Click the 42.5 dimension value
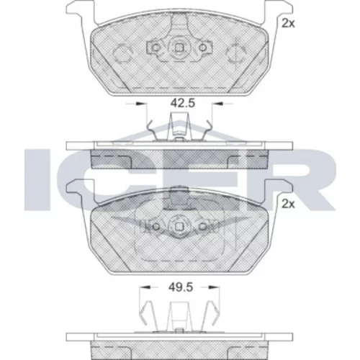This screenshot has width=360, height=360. (183, 103)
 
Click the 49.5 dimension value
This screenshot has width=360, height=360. (181, 287)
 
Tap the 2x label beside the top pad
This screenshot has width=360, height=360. (288, 24)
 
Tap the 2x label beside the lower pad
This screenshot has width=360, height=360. (288, 204)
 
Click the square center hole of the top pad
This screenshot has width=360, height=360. (179, 48)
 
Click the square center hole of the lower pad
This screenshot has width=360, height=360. (179, 227)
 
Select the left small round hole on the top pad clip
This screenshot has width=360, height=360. (156, 48)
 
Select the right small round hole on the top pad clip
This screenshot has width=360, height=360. (203, 48)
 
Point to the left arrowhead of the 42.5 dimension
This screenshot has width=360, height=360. (141, 104)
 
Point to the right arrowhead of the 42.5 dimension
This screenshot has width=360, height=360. (218, 104)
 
